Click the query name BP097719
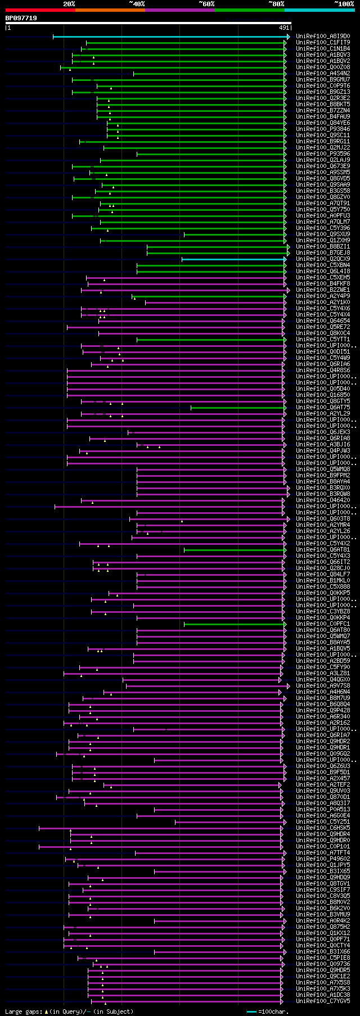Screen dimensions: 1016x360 pyautogui.click(x=21, y=18)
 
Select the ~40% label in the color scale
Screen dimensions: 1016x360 pyautogui.click(x=137, y=3)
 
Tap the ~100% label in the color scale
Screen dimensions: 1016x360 pyautogui.click(x=344, y=3)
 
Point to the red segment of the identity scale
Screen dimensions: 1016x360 pyautogui.click(x=40, y=10)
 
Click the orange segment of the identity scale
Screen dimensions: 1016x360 pyautogui.click(x=110, y=10)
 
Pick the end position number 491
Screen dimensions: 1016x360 pyautogui.click(x=284, y=28)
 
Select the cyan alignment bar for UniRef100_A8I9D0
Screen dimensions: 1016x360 pyautogui.click(x=169, y=37)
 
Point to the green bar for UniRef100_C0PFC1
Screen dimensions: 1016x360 pyautogui.click(x=234, y=624)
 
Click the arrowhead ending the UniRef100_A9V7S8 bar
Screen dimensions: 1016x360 pyautogui.click(x=289, y=686)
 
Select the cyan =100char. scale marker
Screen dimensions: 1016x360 pyautogui.click(x=251, y=1012)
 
